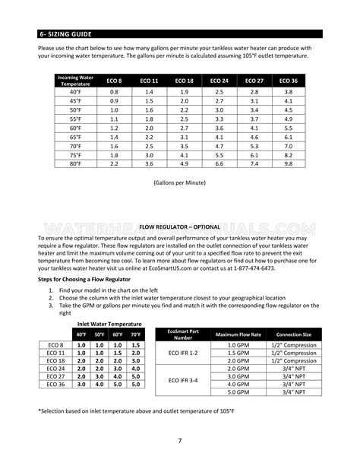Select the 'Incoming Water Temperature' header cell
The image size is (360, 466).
pyautogui.click(x=80, y=80)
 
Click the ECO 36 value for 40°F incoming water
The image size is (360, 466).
pyautogui.click(x=288, y=91)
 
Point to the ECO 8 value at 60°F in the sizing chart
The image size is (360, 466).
pyautogui.click(x=114, y=128)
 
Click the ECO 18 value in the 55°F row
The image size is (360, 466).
pyautogui.click(x=185, y=119)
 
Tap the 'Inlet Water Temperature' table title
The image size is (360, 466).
pyautogui.click(x=110, y=323)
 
